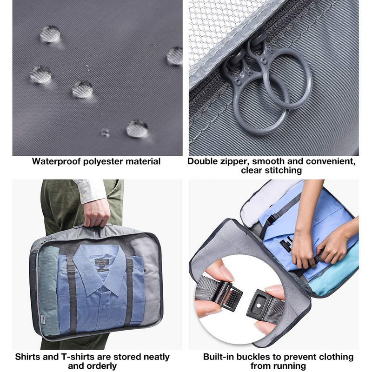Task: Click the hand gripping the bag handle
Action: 97,213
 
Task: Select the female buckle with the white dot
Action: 261,303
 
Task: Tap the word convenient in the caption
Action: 331,161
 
